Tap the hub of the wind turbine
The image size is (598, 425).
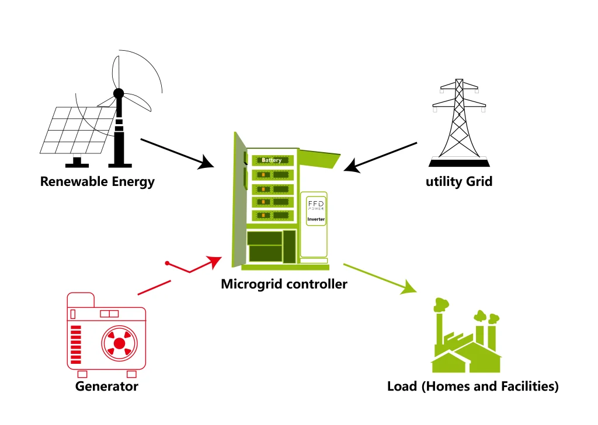point(119,93)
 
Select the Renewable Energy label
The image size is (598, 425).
point(98,181)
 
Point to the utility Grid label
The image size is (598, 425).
point(459,181)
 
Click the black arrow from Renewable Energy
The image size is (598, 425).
point(178,153)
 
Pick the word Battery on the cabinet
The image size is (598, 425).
point(272,160)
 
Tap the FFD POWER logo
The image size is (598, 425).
point(315,204)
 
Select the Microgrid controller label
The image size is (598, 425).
point(284,284)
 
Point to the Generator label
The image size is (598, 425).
point(107,386)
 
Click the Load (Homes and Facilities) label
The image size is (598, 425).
point(472,386)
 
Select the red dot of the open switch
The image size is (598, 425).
point(167,264)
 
